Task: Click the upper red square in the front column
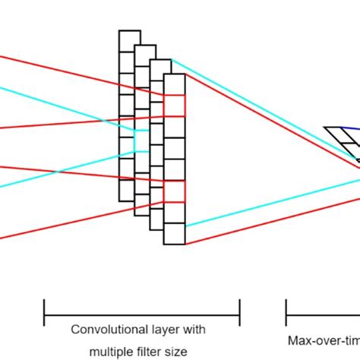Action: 174,106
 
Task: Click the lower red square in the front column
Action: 174,191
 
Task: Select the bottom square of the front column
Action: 174,234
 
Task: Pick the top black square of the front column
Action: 174,84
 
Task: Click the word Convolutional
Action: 104,330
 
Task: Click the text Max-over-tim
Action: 324,341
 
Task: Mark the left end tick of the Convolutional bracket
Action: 44,309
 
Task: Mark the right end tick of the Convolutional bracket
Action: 240,309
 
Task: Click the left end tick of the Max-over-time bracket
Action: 286,309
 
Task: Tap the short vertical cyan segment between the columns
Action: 135,141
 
